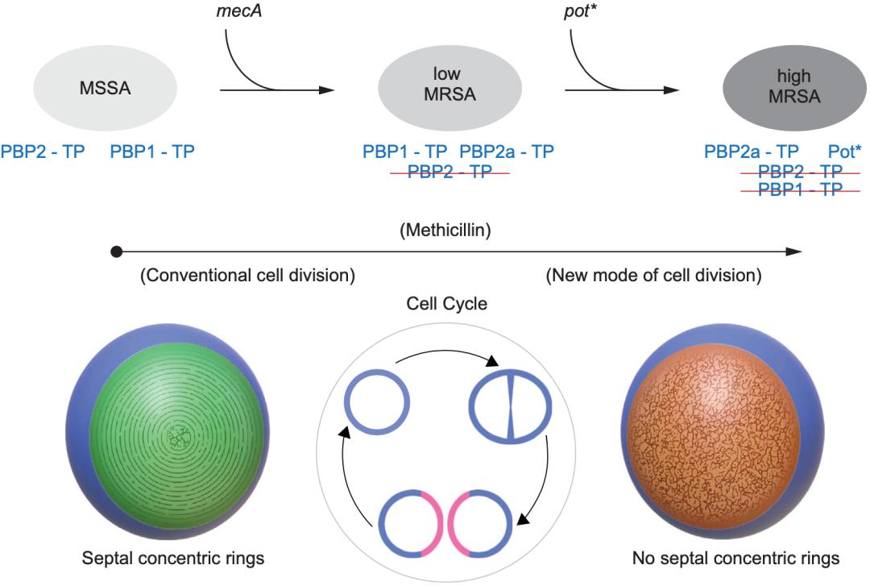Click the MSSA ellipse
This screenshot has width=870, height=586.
tap(106, 89)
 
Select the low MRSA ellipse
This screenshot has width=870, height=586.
tap(450, 89)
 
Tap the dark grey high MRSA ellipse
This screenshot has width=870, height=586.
tap(794, 89)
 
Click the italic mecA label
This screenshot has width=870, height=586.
tap(238, 11)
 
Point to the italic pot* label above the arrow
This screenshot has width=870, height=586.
tap(580, 11)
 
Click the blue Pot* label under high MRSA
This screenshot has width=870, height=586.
tap(844, 151)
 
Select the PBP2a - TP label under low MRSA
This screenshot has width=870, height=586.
tap(507, 151)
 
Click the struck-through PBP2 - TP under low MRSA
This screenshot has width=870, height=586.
tap(450, 172)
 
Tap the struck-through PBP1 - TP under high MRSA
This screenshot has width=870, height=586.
tap(801, 189)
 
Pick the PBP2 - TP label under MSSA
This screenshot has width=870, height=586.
tap(43, 151)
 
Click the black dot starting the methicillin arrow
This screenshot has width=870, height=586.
tap(116, 251)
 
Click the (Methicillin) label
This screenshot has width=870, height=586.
tap(445, 230)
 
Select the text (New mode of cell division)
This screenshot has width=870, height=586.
tap(653, 275)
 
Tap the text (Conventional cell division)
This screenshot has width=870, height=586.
tap(247, 275)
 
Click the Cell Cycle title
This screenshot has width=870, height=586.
tap(446, 303)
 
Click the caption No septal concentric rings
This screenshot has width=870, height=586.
tap(735, 559)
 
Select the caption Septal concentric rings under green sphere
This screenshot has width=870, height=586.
tap(173, 559)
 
